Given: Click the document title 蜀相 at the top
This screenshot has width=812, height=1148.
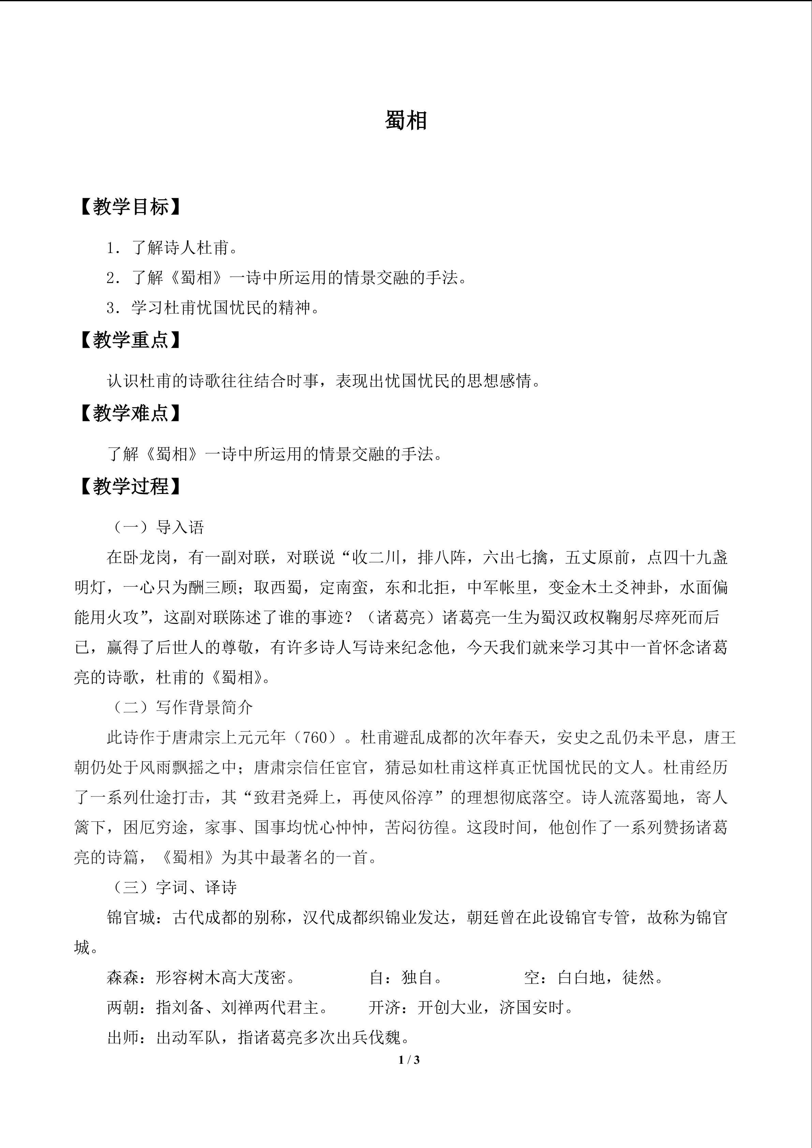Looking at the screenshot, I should [405, 121].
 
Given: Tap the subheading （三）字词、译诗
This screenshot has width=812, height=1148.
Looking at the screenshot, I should [173, 888].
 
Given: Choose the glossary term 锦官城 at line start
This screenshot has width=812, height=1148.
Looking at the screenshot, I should [131, 918].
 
